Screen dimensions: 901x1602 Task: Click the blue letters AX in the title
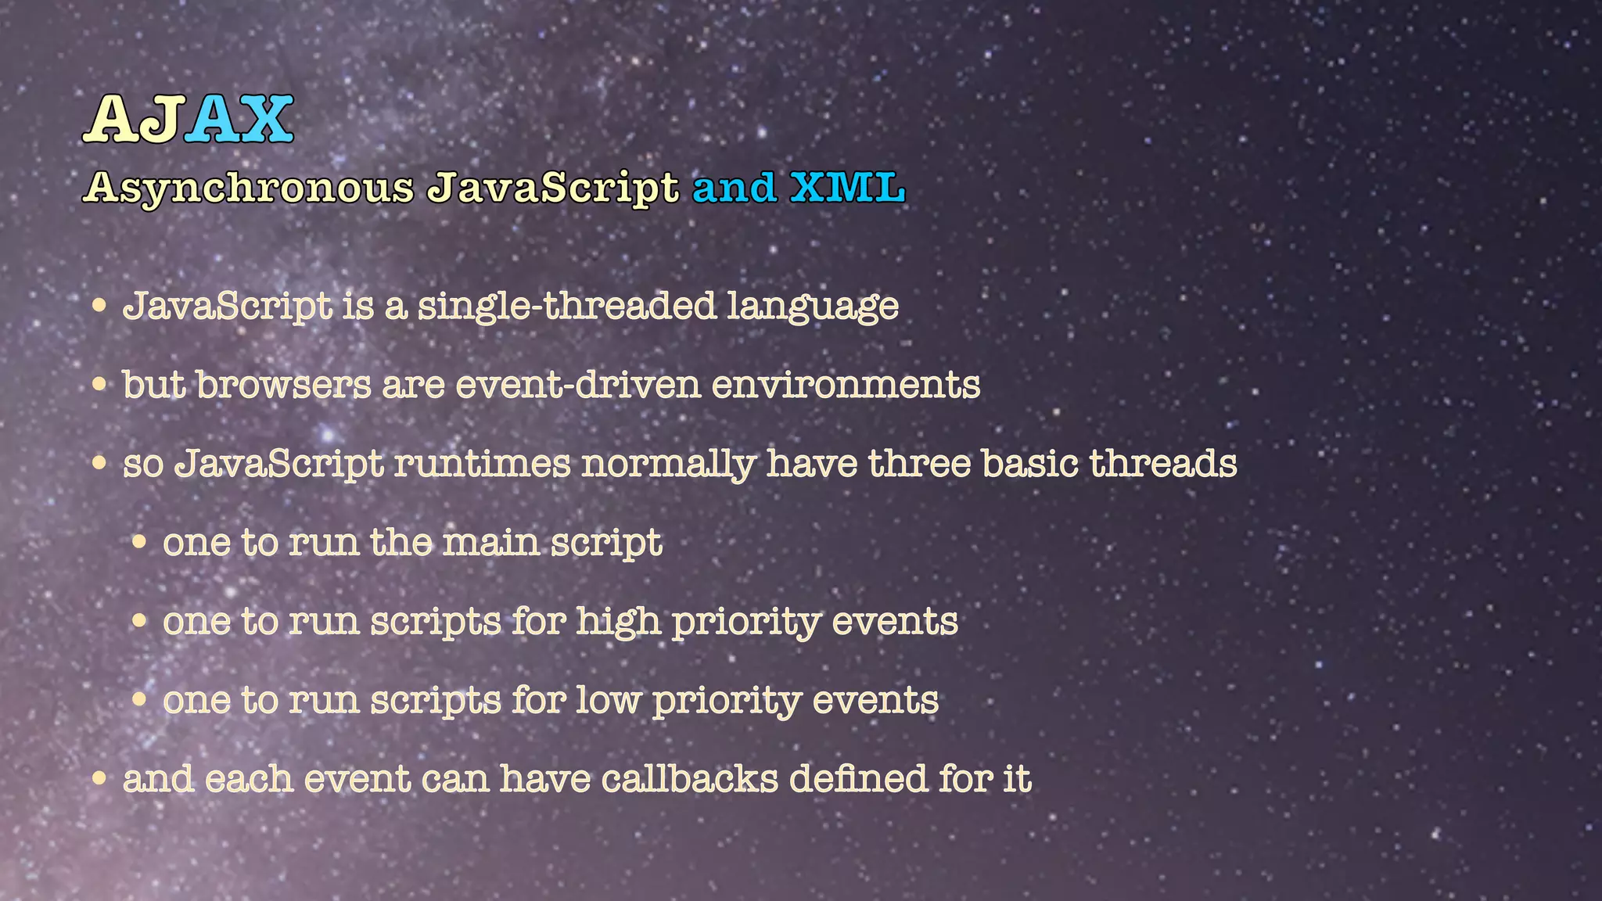pos(239,119)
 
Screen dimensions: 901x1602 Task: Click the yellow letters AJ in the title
pos(133,119)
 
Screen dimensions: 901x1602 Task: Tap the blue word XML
pos(847,188)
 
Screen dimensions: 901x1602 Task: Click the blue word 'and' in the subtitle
pos(734,188)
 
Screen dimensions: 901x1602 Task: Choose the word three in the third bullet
pos(919,463)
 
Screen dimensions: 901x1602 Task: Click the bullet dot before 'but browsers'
pos(99,385)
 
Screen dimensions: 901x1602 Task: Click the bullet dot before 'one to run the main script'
pos(139,542)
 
